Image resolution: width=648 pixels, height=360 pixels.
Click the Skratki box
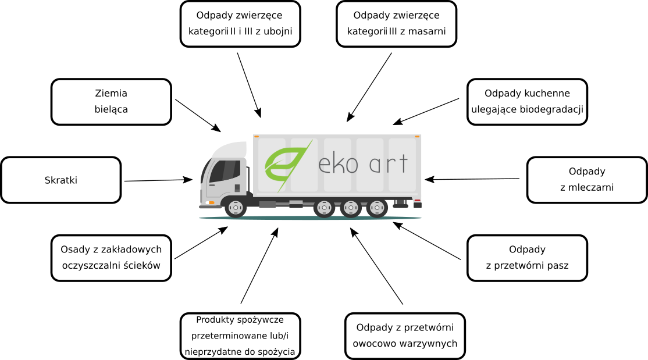pos(61,180)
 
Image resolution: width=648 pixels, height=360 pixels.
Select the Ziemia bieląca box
pos(111,102)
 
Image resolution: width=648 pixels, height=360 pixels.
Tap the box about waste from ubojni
pos(240,24)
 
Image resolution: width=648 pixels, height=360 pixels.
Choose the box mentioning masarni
pos(396,24)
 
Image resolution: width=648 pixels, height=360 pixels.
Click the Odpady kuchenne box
pos(527,102)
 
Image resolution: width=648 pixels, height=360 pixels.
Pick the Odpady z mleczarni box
pos(587,180)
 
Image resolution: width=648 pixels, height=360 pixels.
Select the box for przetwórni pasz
pos(527,258)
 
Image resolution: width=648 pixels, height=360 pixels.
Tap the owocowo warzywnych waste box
pos(405,336)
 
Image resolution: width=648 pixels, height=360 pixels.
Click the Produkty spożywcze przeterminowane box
pos(240,336)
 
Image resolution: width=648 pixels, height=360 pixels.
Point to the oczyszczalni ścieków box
pos(111,258)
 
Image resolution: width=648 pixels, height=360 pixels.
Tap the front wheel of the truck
pos(236,208)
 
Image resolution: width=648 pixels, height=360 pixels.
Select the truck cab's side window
pos(223,170)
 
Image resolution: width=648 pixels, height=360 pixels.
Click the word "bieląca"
pos(111,109)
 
